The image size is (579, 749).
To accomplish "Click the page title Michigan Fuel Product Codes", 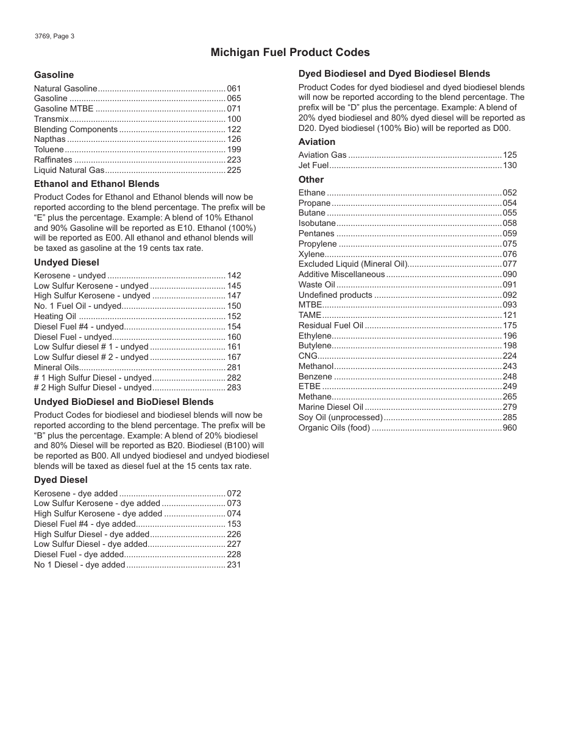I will [290, 52].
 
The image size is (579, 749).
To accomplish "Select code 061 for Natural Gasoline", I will [234, 88].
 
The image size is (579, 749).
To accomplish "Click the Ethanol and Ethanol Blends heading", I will [96, 184].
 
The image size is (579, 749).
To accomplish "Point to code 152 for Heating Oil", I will [234, 316].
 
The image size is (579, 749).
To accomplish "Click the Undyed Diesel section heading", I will [66, 262].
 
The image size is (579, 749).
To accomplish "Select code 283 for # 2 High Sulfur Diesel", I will [234, 387].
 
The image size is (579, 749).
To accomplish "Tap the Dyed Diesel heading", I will [60, 480].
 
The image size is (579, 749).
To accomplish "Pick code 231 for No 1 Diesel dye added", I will [234, 564].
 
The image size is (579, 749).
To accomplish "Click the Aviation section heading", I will [316, 142].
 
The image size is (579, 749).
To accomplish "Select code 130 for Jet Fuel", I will [510, 165].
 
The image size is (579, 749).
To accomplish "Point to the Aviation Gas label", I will [322, 155].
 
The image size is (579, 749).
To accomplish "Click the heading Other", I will [311, 180].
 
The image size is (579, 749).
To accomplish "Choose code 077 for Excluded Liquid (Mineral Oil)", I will [510, 264].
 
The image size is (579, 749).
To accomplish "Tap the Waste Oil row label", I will [317, 284].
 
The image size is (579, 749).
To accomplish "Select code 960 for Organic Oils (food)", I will [510, 427].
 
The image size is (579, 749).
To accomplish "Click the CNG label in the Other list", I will [308, 356].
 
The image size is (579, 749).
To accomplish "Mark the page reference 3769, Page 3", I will [55, 36].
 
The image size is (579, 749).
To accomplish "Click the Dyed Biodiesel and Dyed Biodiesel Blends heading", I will [394, 74].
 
